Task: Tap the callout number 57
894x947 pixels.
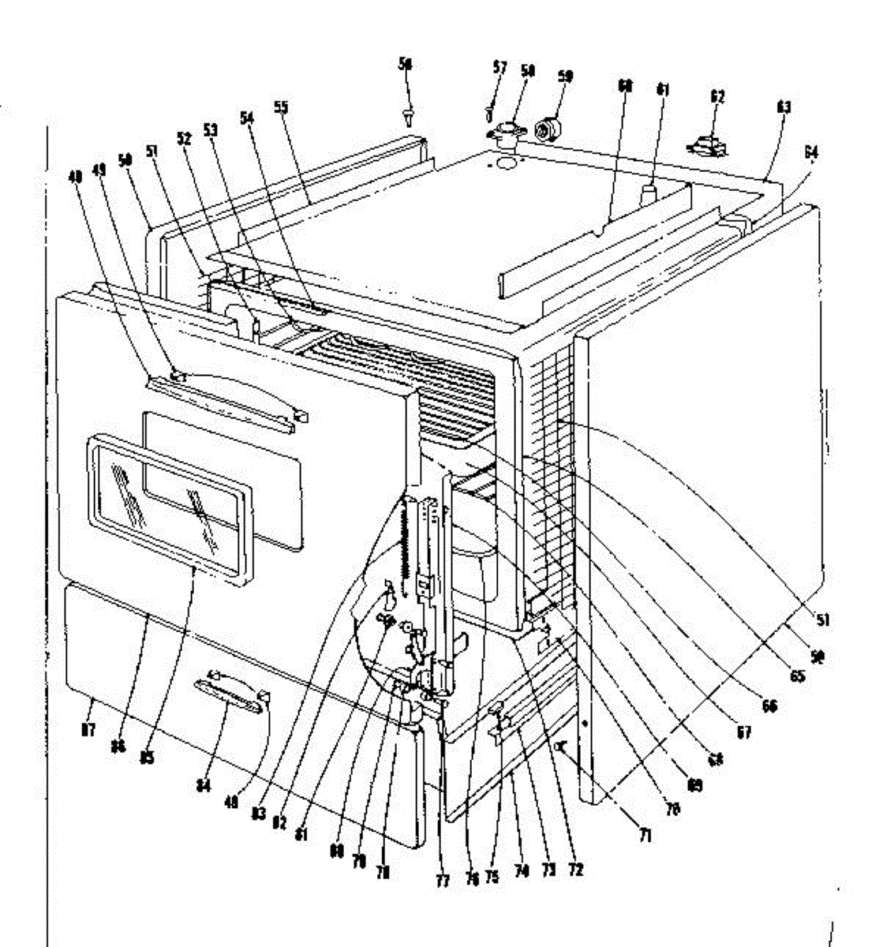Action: (499, 67)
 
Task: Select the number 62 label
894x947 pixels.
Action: (717, 96)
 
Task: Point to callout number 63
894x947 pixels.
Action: (784, 107)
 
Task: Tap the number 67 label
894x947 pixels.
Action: (745, 732)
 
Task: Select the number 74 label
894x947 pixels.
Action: (520, 870)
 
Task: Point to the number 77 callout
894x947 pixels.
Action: (443, 880)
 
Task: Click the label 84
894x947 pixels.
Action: (204, 787)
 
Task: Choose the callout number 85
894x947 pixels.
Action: (147, 757)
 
